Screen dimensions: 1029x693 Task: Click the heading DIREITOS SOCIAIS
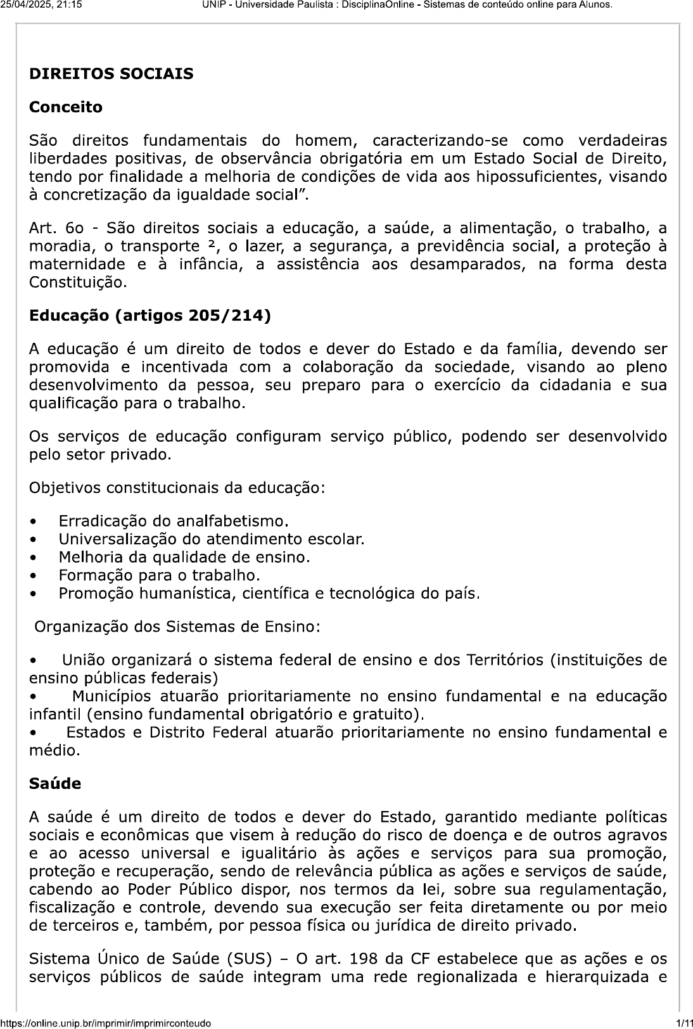(111, 74)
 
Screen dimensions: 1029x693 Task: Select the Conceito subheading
(66, 107)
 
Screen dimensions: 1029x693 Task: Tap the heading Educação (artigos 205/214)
(150, 316)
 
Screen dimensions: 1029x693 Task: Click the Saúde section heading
(55, 784)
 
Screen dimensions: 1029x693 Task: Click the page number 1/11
(683, 1023)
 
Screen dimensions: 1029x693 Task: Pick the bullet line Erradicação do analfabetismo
(174, 521)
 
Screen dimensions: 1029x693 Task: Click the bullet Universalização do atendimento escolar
(212, 539)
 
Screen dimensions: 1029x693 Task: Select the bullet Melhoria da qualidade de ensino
(184, 558)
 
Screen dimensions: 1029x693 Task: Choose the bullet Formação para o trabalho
(160, 575)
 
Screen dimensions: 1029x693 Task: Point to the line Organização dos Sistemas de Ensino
(177, 627)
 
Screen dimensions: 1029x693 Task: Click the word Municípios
(111, 696)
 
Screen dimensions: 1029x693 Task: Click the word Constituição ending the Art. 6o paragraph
(78, 283)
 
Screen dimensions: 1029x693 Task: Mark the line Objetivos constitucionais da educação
(177, 489)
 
